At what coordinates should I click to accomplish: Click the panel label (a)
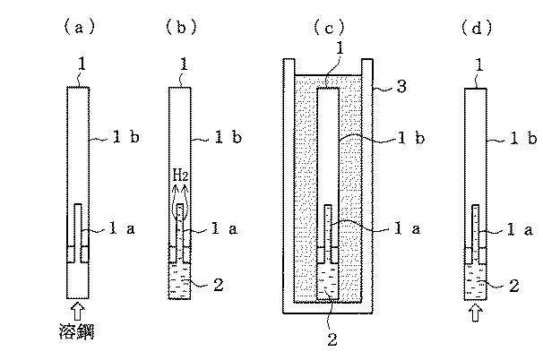tap(79, 27)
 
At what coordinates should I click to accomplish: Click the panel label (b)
tap(182, 27)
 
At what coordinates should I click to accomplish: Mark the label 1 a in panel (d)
tap(520, 229)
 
